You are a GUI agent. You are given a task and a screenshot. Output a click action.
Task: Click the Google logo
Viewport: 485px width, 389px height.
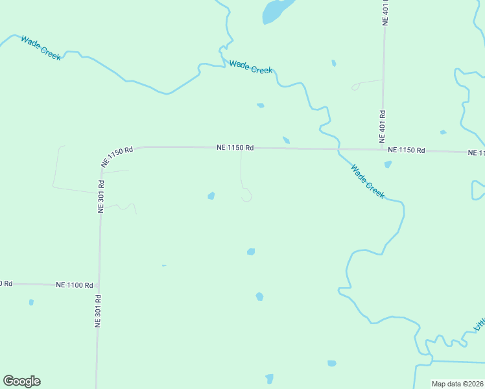[21, 381]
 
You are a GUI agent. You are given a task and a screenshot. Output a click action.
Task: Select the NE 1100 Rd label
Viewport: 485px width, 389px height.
[75, 285]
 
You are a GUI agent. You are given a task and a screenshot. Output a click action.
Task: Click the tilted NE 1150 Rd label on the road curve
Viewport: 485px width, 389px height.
[117, 158]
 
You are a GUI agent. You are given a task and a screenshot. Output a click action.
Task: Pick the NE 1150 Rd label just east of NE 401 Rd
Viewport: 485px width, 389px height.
[407, 150]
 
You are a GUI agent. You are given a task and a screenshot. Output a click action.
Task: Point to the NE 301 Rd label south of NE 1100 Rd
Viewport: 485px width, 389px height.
[99, 311]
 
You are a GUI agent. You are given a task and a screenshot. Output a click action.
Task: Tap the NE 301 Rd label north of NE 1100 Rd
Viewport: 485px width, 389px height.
[101, 196]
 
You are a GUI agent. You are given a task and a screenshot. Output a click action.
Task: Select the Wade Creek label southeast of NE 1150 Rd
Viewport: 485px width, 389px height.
[368, 182]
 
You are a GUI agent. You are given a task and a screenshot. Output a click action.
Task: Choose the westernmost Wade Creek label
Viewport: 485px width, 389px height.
[41, 48]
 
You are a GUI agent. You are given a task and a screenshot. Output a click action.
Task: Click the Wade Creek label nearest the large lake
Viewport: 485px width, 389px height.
[250, 66]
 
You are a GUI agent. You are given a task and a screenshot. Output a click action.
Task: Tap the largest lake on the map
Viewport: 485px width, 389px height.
[276, 11]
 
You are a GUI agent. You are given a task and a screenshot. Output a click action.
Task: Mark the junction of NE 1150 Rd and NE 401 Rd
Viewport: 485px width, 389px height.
[383, 150]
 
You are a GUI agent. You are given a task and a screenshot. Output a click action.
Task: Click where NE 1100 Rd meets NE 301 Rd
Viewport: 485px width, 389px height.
[99, 285]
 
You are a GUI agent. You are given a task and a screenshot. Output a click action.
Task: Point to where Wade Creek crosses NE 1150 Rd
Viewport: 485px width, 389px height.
[338, 149]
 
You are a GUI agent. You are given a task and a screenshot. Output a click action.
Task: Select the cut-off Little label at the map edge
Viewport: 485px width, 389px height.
[480, 324]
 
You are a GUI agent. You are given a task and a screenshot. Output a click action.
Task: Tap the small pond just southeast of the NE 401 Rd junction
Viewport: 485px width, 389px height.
[388, 165]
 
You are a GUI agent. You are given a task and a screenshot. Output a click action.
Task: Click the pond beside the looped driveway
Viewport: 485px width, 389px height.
[211, 196]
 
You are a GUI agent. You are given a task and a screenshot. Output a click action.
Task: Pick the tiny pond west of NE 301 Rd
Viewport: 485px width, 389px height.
[31, 302]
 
